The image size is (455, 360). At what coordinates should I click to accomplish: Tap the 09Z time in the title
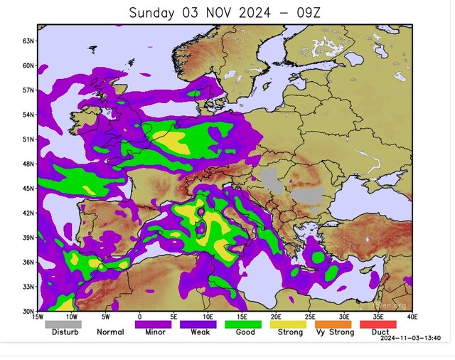tap(304, 13)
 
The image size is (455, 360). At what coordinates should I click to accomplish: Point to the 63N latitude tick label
tap(30, 41)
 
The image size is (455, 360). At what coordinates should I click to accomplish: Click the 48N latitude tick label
tap(30, 164)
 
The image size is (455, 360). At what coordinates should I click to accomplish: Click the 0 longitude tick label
tap(139, 317)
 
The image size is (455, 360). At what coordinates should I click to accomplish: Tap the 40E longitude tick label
tap(412, 317)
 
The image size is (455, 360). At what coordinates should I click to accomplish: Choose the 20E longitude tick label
tap(275, 317)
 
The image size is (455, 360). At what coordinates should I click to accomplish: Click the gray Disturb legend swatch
tap(63, 324)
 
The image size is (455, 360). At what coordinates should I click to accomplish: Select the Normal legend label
tap(110, 332)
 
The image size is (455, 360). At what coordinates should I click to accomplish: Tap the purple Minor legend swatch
tap(153, 324)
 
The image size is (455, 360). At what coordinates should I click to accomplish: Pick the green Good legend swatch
tap(243, 324)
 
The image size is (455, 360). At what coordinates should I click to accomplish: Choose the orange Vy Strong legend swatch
tap(333, 324)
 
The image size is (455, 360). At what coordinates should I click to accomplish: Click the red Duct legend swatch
tap(378, 324)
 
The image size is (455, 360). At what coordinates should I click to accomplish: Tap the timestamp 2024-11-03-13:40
tap(411, 339)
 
